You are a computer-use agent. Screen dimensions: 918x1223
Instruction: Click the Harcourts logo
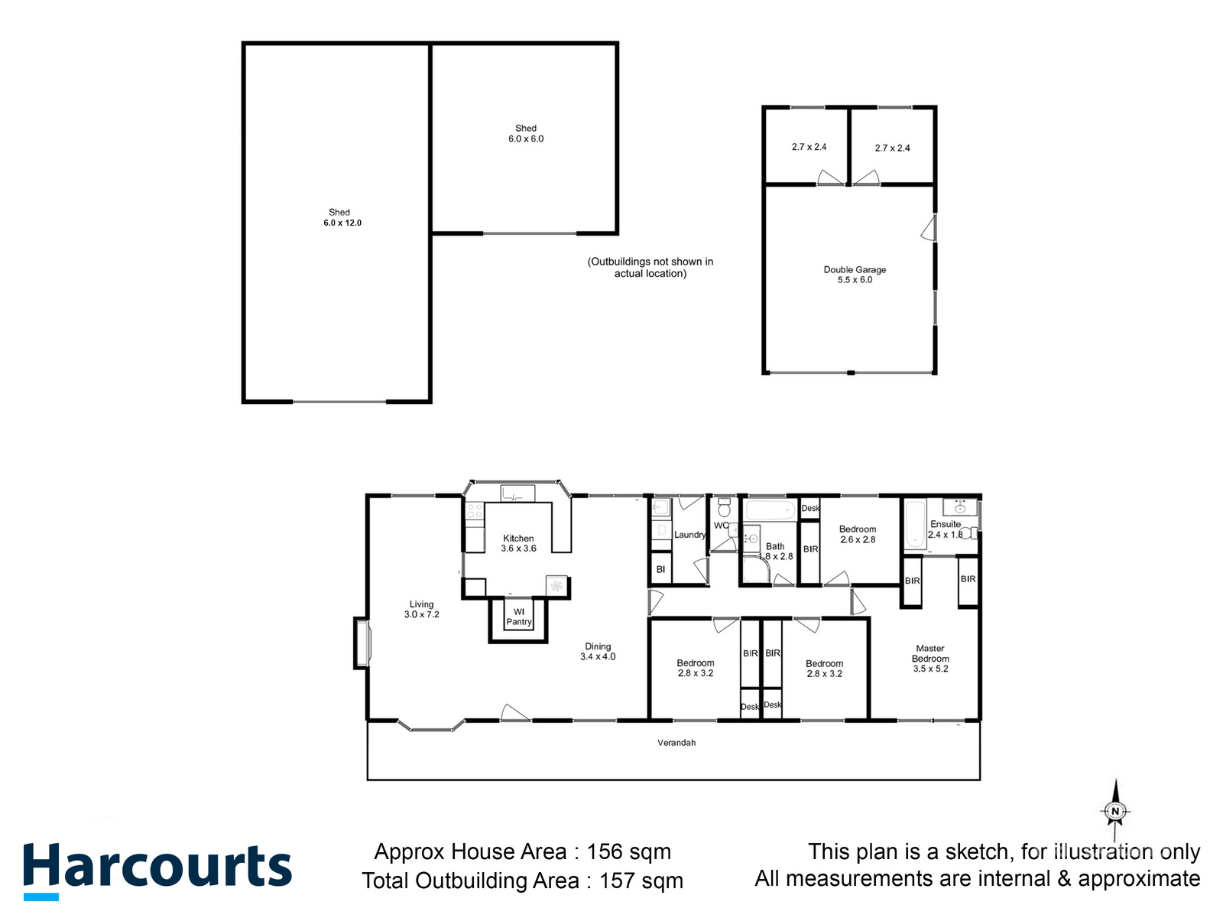157,870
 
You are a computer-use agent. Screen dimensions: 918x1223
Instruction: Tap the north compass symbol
1115,811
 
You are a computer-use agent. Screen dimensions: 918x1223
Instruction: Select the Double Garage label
855,269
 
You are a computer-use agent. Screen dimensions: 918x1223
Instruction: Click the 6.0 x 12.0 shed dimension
342,223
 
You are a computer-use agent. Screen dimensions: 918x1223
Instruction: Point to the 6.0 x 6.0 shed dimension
526,139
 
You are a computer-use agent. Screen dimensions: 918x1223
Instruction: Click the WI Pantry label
519,617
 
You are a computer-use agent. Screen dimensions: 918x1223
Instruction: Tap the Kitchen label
518,539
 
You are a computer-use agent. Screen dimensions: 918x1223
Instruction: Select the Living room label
421,604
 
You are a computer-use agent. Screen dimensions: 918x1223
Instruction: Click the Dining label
598,646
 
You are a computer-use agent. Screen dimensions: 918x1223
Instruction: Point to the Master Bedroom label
930,653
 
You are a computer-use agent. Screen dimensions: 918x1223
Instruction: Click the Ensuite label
946,524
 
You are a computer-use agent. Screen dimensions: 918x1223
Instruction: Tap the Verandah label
676,743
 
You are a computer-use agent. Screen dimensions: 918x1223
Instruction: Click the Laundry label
689,535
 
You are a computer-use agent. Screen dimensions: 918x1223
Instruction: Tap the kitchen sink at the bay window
517,493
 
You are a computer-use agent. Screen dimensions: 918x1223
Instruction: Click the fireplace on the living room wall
362,643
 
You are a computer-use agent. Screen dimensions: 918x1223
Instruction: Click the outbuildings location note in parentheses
650,268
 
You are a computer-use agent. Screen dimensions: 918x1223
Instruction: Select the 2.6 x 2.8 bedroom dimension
858,540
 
